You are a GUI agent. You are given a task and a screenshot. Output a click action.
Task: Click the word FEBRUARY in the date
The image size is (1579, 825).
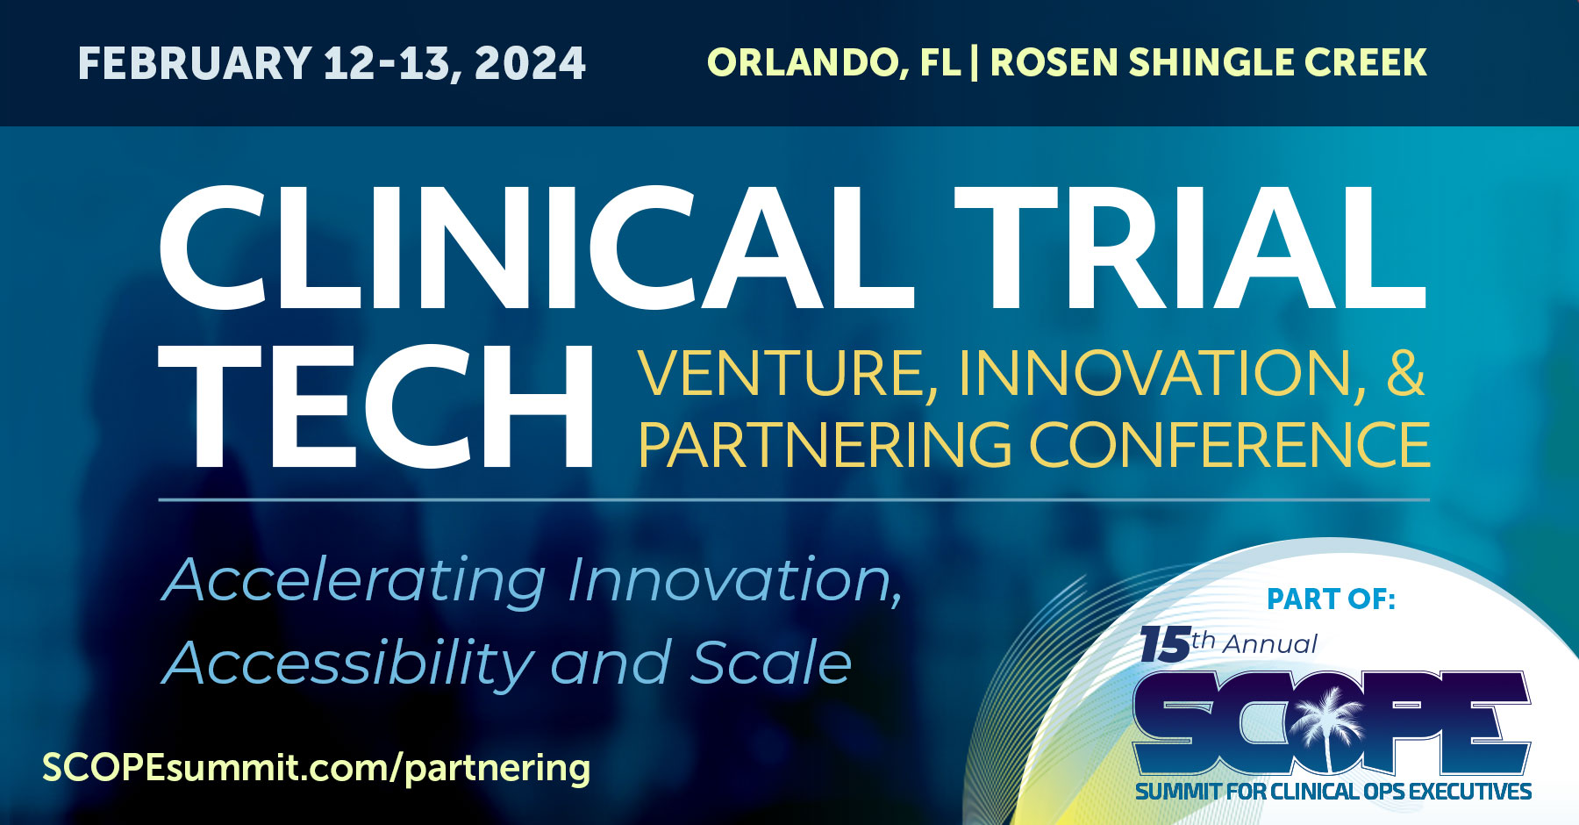coord(195,64)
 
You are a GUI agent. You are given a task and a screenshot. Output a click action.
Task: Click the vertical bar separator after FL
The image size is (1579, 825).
coord(975,63)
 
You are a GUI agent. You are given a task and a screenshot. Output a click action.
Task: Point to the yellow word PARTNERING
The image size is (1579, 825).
coord(825,444)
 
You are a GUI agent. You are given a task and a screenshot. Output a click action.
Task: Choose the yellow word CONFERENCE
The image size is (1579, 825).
coord(1229,444)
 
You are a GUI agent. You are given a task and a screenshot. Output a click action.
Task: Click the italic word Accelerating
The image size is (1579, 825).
coord(355,582)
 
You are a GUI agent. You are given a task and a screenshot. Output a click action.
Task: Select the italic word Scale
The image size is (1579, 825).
coord(771,663)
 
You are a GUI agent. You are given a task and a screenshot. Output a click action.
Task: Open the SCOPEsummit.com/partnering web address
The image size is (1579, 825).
coord(316,768)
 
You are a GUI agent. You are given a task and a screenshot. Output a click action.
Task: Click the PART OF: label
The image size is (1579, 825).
coord(1331,599)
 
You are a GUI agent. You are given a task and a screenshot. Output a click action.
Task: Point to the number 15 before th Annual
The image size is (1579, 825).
coord(1165,645)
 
